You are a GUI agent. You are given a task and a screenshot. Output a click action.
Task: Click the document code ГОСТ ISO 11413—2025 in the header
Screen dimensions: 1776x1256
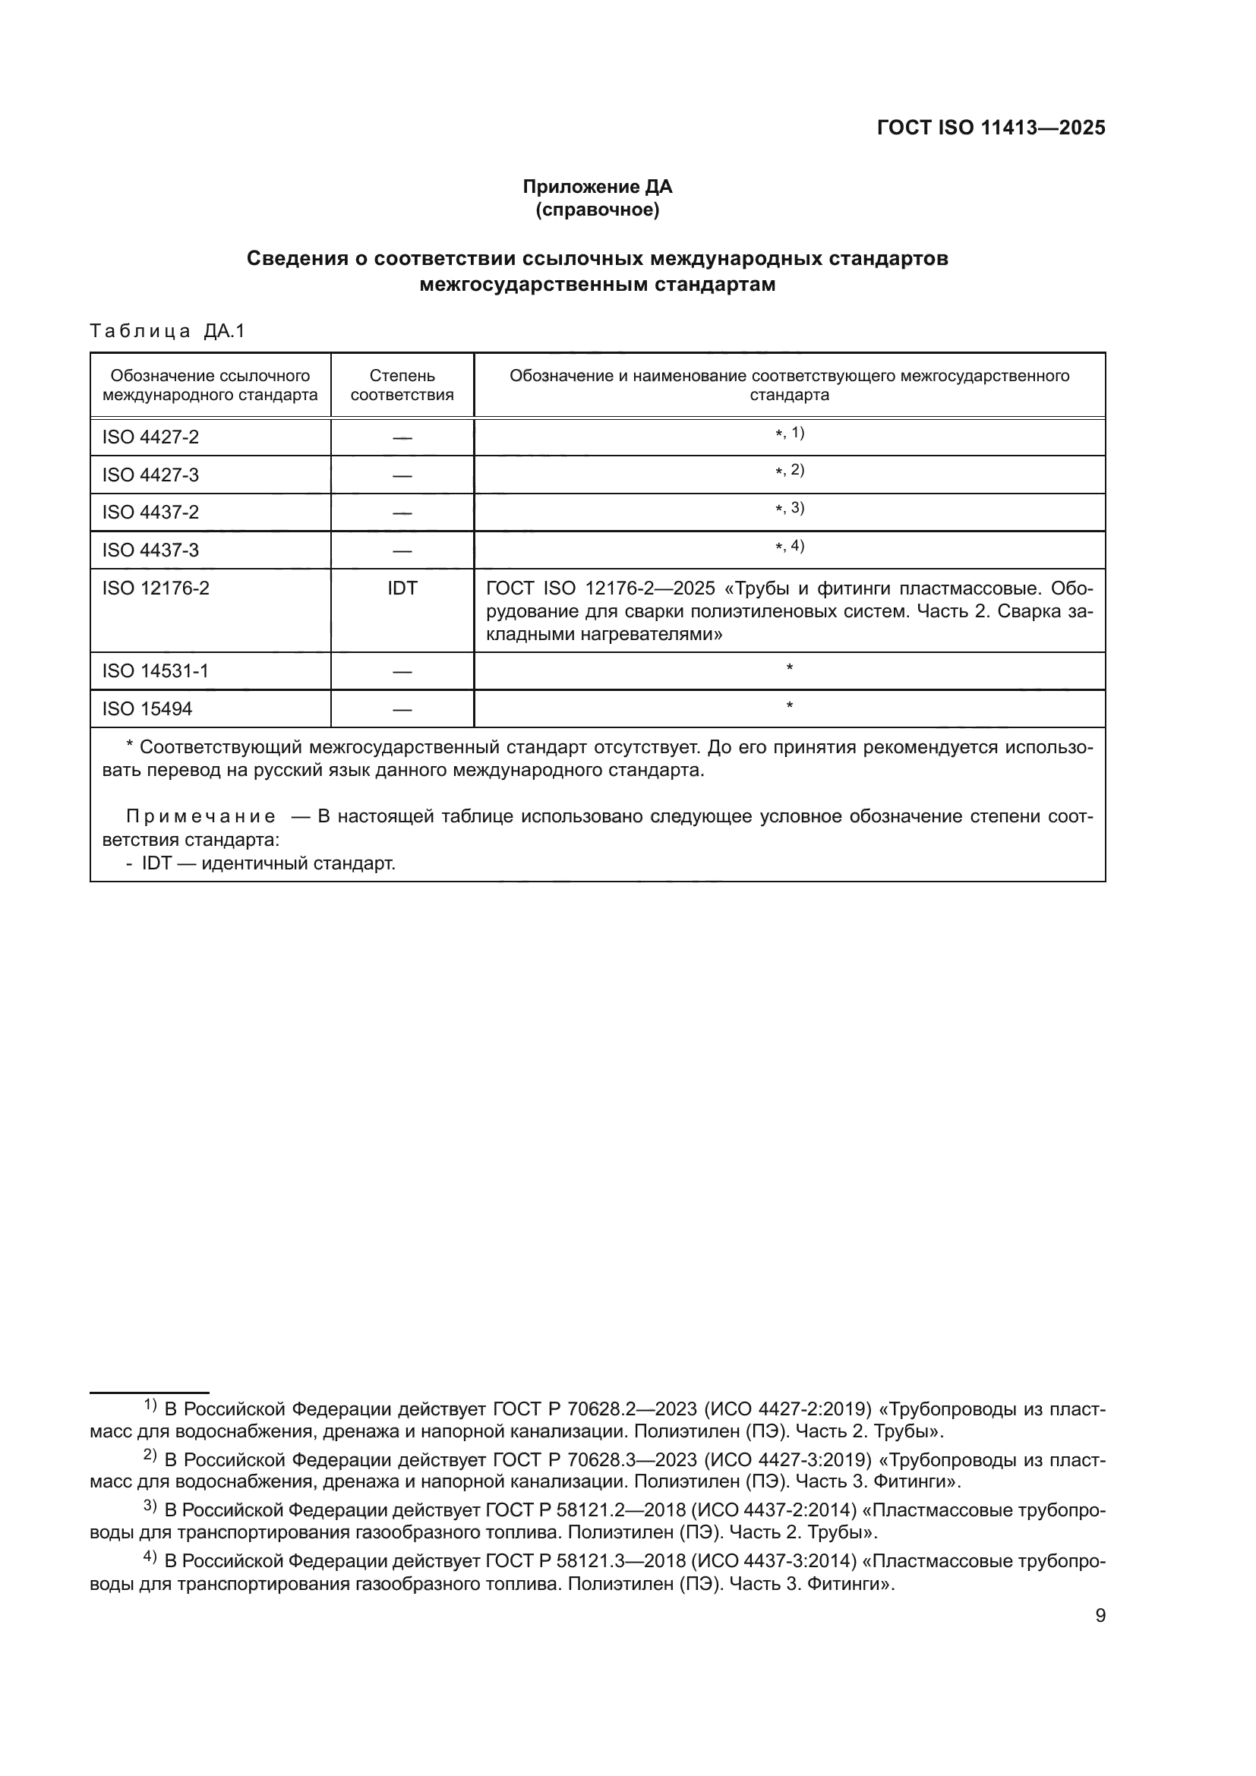pyautogui.click(x=991, y=128)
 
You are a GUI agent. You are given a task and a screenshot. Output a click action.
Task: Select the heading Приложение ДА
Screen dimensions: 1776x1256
pyautogui.click(x=597, y=187)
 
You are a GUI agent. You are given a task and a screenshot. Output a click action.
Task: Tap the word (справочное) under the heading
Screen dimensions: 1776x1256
pyautogui.click(x=597, y=210)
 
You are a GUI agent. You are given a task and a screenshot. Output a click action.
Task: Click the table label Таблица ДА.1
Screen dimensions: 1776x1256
pyautogui.click(x=167, y=331)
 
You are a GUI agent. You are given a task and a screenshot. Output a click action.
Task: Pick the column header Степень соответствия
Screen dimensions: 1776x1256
pyautogui.click(x=402, y=385)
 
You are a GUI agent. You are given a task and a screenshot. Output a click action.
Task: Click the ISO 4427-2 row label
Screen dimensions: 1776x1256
pyautogui.click(x=150, y=437)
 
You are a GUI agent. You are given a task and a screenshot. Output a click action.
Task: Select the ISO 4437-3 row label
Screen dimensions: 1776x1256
pyautogui.click(x=150, y=550)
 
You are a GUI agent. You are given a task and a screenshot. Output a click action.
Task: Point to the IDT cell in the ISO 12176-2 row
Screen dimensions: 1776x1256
pyautogui.click(x=402, y=588)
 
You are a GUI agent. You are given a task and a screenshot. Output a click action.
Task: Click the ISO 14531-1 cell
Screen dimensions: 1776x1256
pyautogui.click(x=155, y=670)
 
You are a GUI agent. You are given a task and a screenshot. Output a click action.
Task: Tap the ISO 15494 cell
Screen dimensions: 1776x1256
pyautogui.click(x=147, y=708)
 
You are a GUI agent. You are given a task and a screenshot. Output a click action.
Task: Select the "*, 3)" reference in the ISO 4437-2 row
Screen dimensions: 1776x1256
pyautogui.click(x=789, y=508)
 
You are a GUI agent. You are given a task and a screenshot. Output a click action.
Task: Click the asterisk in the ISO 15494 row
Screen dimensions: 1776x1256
pyautogui.click(x=789, y=705)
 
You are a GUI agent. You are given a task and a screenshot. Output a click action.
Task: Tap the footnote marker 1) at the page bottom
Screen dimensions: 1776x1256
pyautogui.click(x=150, y=1405)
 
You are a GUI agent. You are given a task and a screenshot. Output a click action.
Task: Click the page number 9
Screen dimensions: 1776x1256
pyautogui.click(x=1100, y=1616)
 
